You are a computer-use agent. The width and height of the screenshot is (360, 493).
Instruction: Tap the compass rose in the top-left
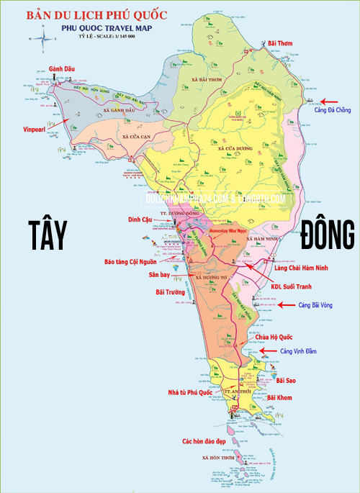[43, 33]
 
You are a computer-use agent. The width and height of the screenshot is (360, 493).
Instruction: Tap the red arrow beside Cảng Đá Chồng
[333, 101]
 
